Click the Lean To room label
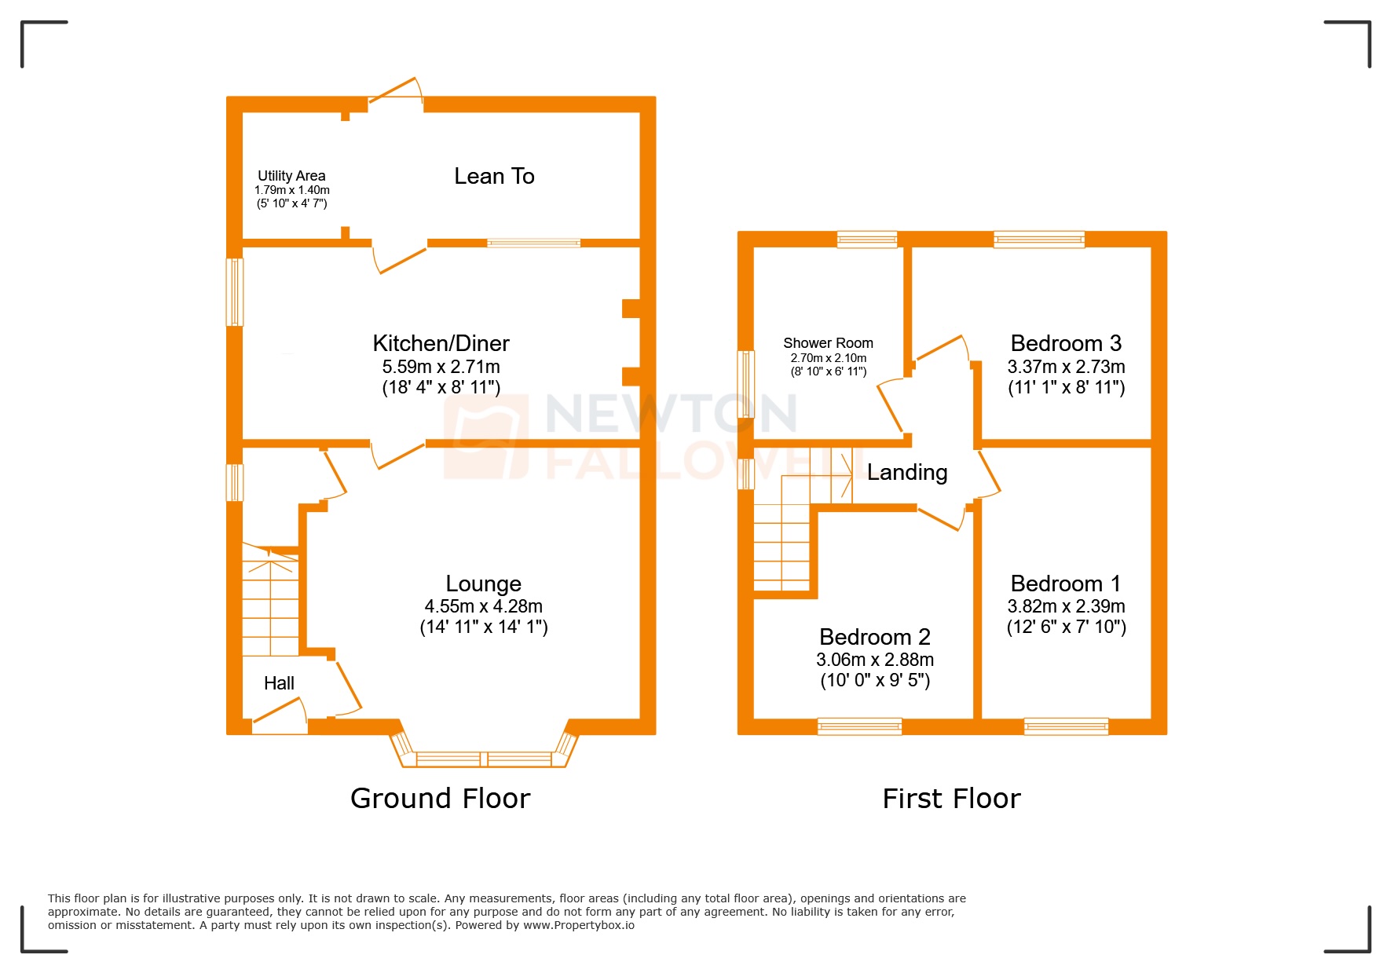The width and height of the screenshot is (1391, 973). click(x=494, y=176)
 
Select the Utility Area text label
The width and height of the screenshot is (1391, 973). click(x=291, y=176)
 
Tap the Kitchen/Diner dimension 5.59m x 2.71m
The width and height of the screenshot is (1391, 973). click(x=441, y=367)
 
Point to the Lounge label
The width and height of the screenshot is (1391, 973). click(x=483, y=583)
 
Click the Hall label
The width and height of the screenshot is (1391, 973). click(x=279, y=683)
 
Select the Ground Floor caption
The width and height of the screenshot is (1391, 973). click(x=440, y=799)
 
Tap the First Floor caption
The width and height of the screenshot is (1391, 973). click(x=951, y=799)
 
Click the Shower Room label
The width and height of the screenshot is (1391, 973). click(x=828, y=343)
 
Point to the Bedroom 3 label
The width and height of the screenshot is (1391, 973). click(x=1066, y=343)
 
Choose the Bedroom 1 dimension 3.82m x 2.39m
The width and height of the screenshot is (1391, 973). click(x=1066, y=606)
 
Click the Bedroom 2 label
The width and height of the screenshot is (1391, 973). click(x=874, y=636)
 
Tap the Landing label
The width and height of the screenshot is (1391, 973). click(x=907, y=472)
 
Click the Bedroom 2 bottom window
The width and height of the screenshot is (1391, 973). click(x=859, y=726)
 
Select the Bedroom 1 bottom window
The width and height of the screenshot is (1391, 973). click(x=1066, y=726)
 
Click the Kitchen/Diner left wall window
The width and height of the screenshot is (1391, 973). click(x=235, y=292)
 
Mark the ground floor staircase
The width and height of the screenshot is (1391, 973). click(x=270, y=605)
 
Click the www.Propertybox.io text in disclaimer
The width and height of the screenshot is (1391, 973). click(x=579, y=925)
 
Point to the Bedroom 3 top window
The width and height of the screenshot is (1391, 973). click(x=1039, y=240)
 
